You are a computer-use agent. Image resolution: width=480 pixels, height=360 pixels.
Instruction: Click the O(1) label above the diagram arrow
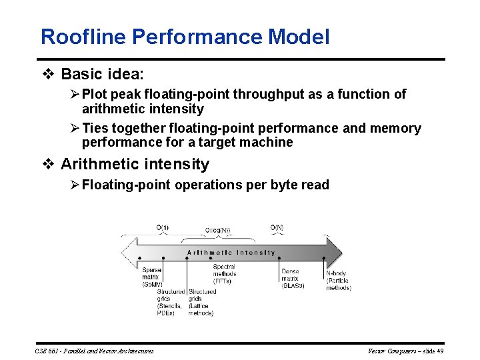coord(163,228)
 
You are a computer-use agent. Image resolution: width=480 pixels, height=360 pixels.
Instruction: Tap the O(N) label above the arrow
coord(277,228)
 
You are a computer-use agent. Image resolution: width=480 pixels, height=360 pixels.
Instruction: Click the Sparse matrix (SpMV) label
coord(151,277)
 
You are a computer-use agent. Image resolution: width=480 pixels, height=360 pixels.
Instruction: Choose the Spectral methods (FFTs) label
coord(224,274)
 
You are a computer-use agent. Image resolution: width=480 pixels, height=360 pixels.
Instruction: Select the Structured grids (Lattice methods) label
coord(201,302)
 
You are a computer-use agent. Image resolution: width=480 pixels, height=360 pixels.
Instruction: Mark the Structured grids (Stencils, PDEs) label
coord(171,302)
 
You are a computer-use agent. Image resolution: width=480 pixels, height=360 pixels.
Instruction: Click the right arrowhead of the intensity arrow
coord(337,253)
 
